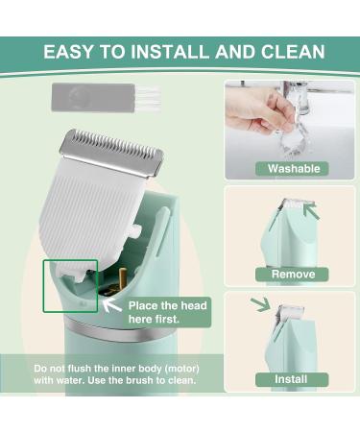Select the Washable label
point(292,169)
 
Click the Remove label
point(292,275)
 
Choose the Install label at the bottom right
point(292,380)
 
